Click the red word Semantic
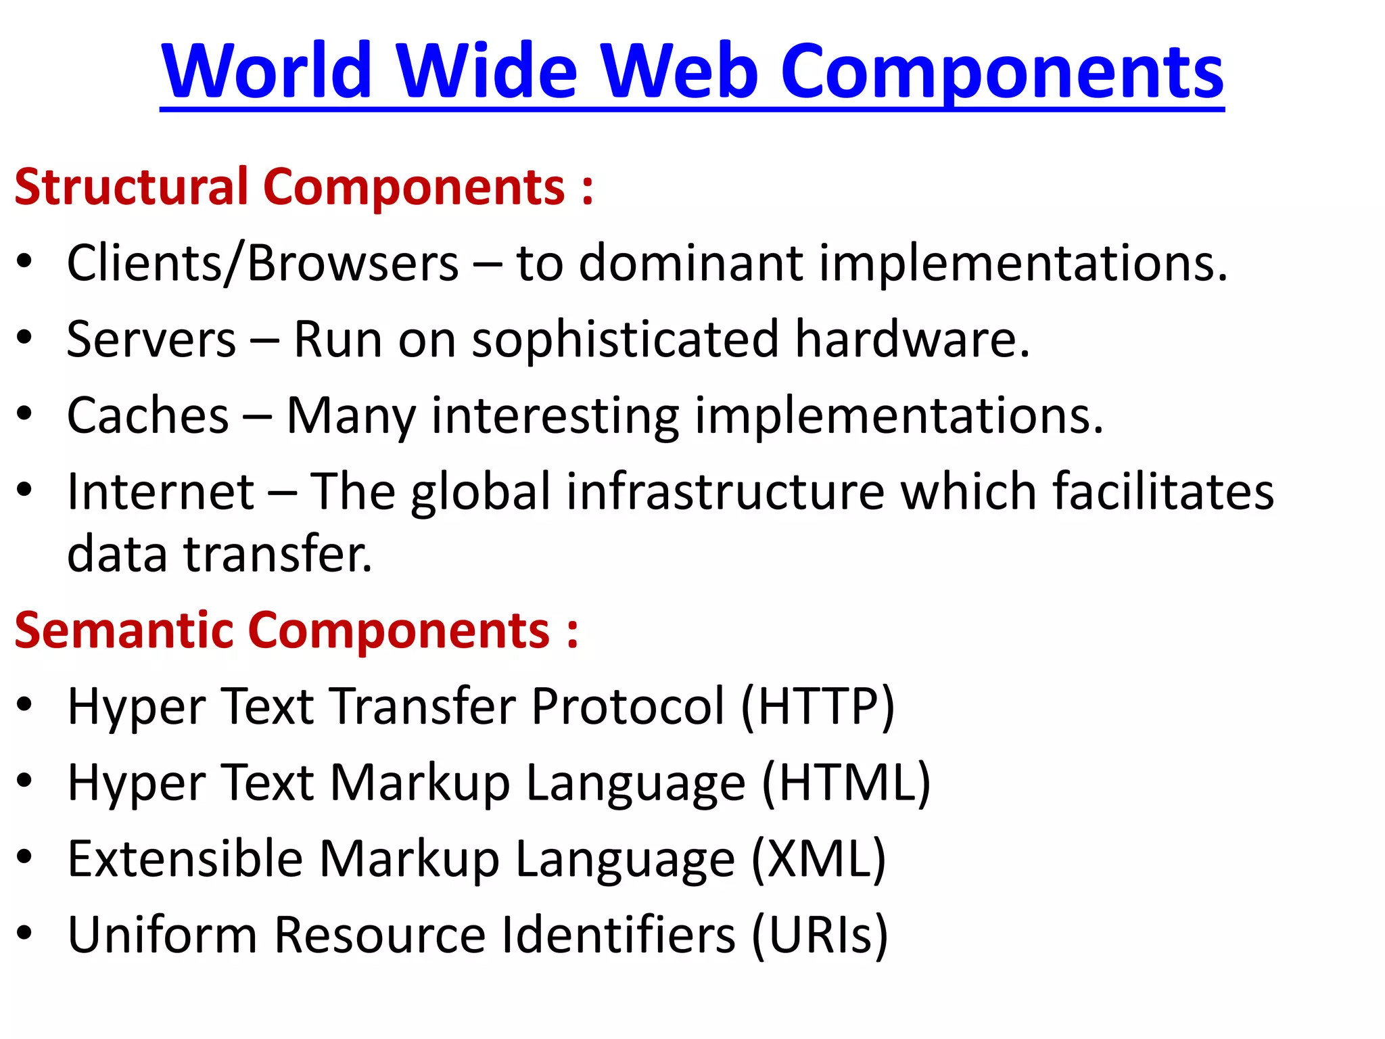coord(124,630)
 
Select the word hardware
coord(912,339)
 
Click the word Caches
coord(148,415)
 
